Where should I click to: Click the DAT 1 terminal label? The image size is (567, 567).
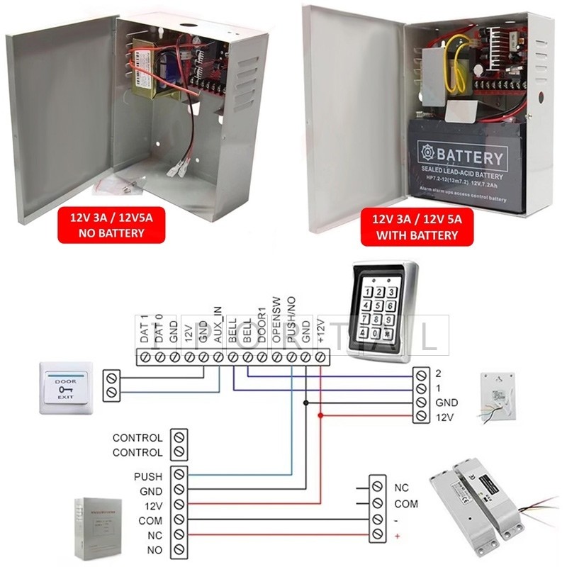tap(144, 330)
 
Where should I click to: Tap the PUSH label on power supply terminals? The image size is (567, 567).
tap(147, 476)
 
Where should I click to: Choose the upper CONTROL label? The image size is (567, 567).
tap(137, 438)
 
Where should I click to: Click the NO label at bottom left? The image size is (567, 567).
tap(155, 550)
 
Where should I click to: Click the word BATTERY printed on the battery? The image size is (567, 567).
tap(471, 157)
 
